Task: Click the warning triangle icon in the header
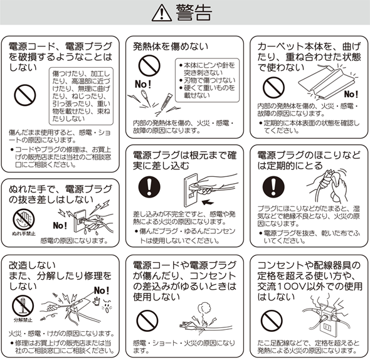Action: click(162, 13)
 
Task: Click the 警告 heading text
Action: click(194, 13)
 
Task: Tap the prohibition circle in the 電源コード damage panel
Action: click(25, 95)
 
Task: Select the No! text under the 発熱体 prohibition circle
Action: click(143, 84)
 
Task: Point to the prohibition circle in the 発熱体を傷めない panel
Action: click(149, 66)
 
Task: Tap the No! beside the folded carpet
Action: click(351, 94)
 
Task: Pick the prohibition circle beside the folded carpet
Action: click(273, 87)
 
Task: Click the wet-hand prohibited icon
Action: click(24, 220)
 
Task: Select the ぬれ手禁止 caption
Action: click(24, 234)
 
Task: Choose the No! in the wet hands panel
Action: click(60, 225)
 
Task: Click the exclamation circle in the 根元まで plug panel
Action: click(149, 187)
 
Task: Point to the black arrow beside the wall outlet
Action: click(208, 202)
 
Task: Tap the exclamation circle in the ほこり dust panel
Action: click(273, 187)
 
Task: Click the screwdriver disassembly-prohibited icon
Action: click(23, 306)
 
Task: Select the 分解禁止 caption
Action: click(23, 320)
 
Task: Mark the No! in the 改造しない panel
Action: click(102, 290)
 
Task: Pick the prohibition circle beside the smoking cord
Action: click(147, 321)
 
